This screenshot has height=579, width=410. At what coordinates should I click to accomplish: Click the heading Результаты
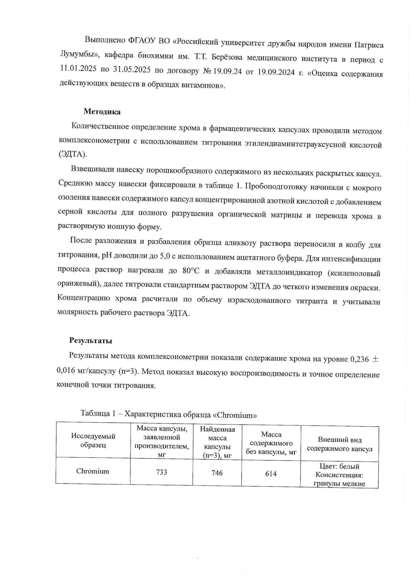coord(91,341)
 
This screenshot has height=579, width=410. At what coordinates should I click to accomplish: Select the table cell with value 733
coord(162,472)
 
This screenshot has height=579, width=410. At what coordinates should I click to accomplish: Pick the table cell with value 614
coord(271,474)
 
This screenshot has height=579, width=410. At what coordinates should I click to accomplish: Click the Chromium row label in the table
coord(93,471)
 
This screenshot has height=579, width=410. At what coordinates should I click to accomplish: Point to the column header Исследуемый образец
coord(93,440)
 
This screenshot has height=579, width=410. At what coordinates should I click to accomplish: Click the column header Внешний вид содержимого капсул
coord(340,445)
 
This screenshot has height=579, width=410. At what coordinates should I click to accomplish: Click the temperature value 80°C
coord(191,271)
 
